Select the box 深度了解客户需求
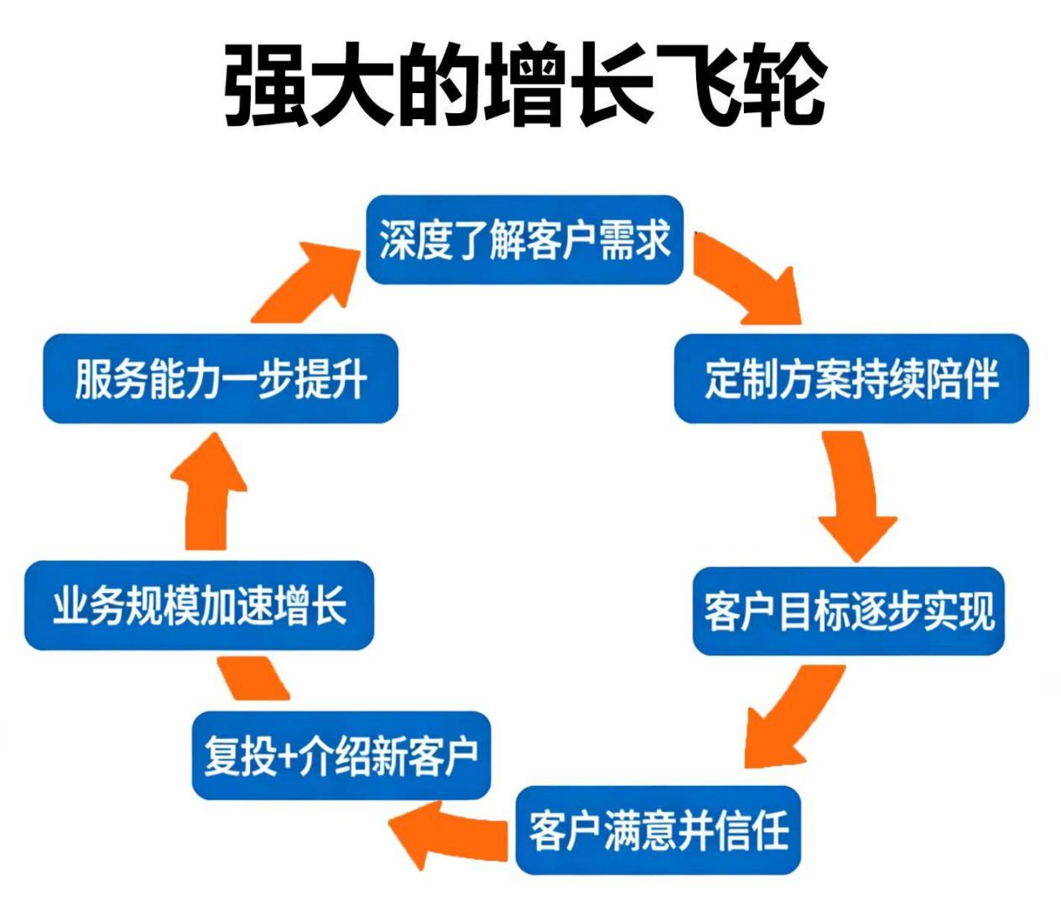tap(524, 241)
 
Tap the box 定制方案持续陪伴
tap(850, 378)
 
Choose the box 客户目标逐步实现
tap(848, 611)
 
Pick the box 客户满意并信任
tap(658, 830)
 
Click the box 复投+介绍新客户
tap(341, 755)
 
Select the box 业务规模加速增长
tap(199, 606)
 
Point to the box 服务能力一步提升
tap(220, 378)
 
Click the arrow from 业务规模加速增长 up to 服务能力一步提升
tap(208, 495)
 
